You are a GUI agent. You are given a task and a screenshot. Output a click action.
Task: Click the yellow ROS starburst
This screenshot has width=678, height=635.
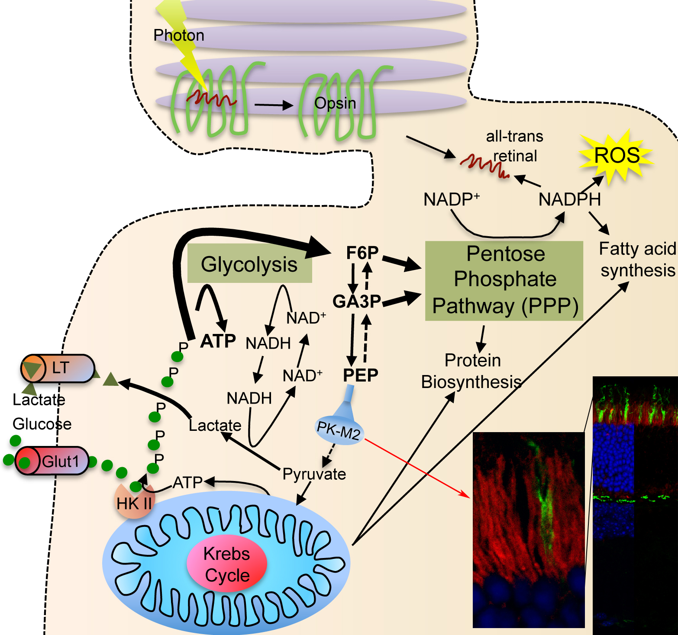coord(617,156)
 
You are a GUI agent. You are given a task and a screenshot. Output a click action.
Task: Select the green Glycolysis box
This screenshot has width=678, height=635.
coord(249,264)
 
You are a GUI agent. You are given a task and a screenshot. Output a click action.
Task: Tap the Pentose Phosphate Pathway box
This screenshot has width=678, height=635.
coord(504,280)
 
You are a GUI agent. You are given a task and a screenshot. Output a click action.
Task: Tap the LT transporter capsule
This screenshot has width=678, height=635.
coord(58,368)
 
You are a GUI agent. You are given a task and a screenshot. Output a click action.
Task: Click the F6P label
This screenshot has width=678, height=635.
coord(362,253)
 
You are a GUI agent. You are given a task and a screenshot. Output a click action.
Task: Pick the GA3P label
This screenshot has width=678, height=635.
coord(357,301)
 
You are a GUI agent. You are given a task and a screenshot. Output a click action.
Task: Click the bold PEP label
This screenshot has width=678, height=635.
coord(361,375)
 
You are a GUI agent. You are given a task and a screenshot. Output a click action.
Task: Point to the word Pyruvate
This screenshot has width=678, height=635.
coord(314,474)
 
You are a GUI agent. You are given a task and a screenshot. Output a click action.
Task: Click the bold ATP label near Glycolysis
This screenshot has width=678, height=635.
coord(218,341)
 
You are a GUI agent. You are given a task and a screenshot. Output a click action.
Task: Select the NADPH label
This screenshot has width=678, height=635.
coord(569,199)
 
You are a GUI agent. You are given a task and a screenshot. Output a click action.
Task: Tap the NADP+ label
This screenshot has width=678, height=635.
coord(451,199)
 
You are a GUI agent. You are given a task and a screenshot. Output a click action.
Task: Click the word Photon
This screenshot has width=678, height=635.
coord(178,35)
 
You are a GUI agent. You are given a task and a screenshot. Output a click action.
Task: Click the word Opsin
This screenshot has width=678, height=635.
coord(335,103)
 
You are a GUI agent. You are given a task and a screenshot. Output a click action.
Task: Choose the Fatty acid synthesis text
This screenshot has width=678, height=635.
coord(637,260)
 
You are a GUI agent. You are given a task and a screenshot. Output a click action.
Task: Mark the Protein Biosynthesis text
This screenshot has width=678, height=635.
coord(472,371)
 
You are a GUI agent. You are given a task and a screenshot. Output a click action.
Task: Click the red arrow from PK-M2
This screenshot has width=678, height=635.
coord(416,467)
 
